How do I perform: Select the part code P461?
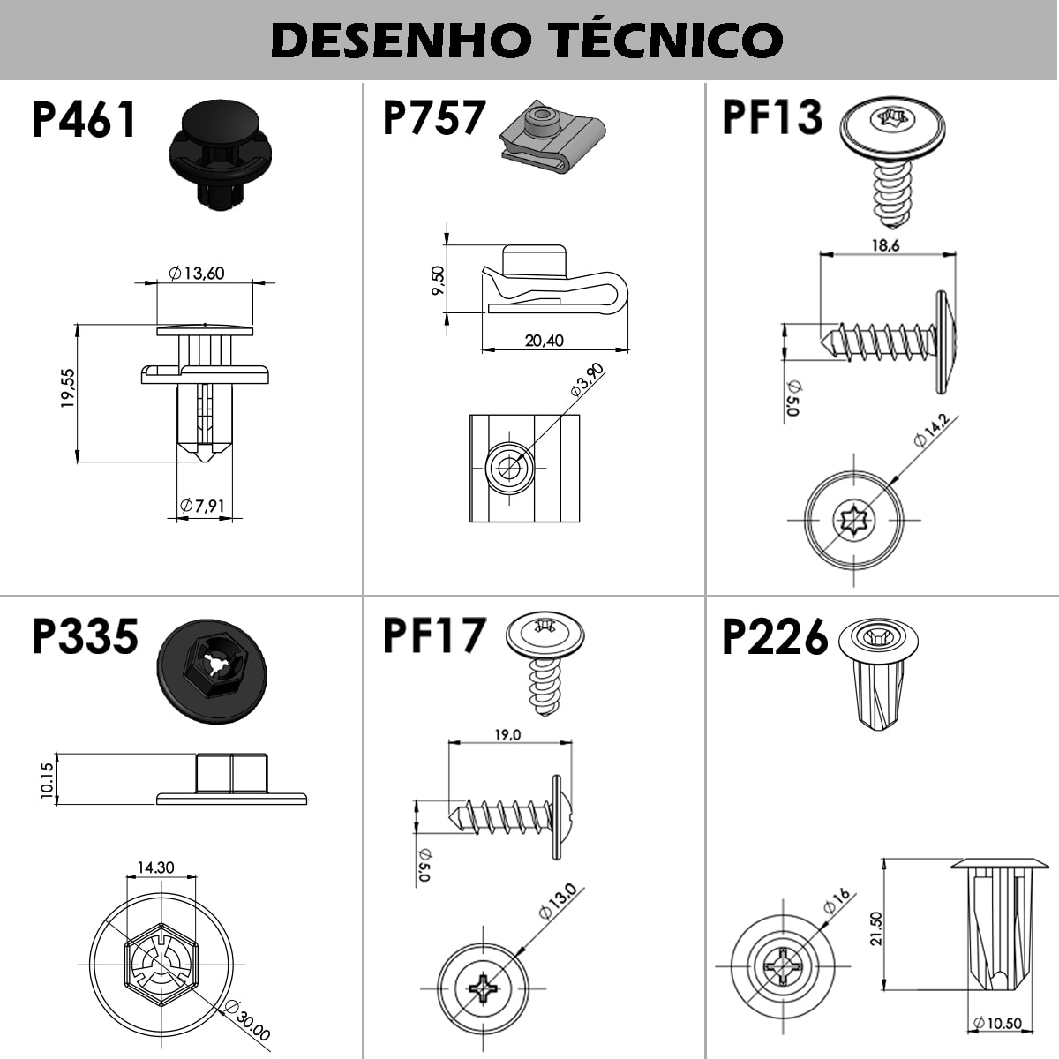85,120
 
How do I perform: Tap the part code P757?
433,118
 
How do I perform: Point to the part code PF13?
772,118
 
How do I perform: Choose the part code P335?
86,636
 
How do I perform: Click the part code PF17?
433,636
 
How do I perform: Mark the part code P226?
775,637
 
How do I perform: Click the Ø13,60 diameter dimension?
196,274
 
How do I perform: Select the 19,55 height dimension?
68,388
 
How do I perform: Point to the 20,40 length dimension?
544,341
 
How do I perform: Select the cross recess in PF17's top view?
484,986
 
